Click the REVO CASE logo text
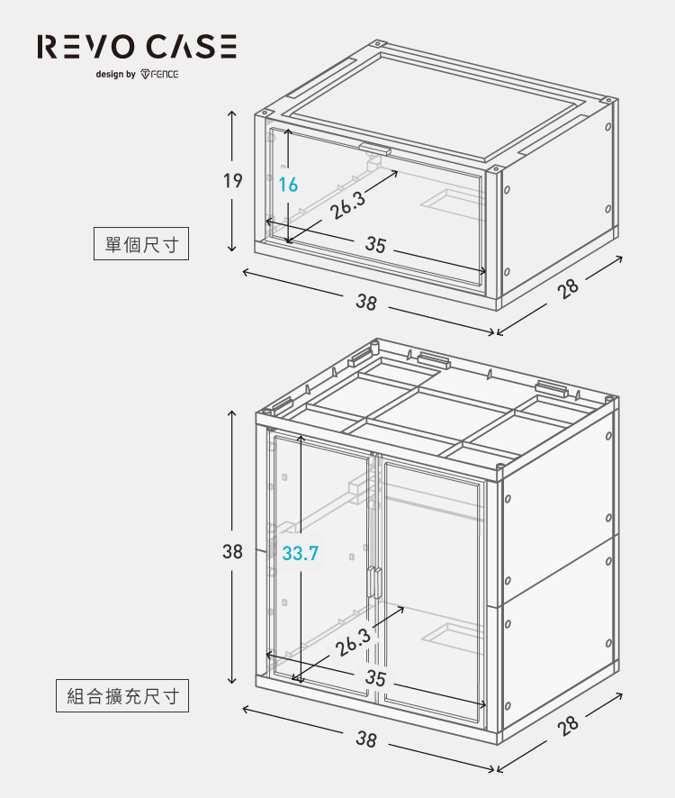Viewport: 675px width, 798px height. pyautogui.click(x=137, y=47)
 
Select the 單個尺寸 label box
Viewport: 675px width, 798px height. pyautogui.click(x=141, y=244)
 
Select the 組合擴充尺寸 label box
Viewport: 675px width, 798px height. pyautogui.click(x=122, y=695)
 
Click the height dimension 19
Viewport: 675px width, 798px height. pyautogui.click(x=232, y=181)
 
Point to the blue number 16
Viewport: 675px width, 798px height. pyautogui.click(x=288, y=186)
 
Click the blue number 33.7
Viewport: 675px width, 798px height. pyautogui.click(x=300, y=553)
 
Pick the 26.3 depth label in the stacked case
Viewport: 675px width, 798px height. pyautogui.click(x=354, y=642)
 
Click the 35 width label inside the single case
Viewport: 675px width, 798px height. pyautogui.click(x=375, y=246)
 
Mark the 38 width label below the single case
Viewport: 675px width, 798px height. pyautogui.click(x=365, y=304)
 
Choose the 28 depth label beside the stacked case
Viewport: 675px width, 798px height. pyautogui.click(x=567, y=726)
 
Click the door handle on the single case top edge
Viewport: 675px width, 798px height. pyautogui.click(x=374, y=148)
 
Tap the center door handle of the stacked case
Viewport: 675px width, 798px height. pyautogui.click(x=371, y=582)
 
